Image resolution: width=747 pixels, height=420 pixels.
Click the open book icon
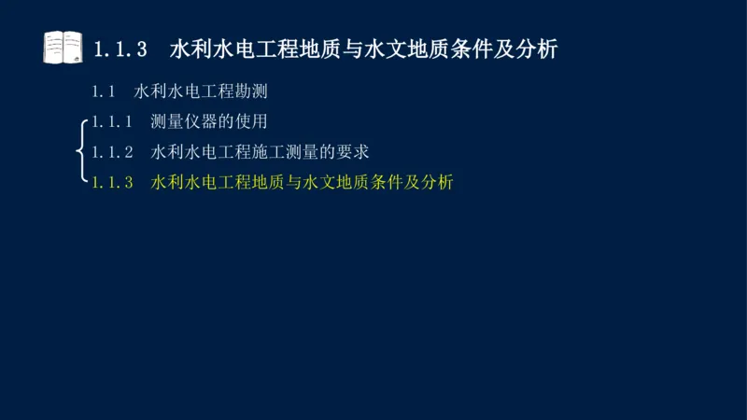click(63, 47)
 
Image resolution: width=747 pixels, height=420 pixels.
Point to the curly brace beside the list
click(84, 149)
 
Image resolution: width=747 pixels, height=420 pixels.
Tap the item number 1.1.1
click(113, 121)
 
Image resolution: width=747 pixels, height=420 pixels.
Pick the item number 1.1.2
click(113, 151)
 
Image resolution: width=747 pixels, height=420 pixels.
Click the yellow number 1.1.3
click(113, 182)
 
